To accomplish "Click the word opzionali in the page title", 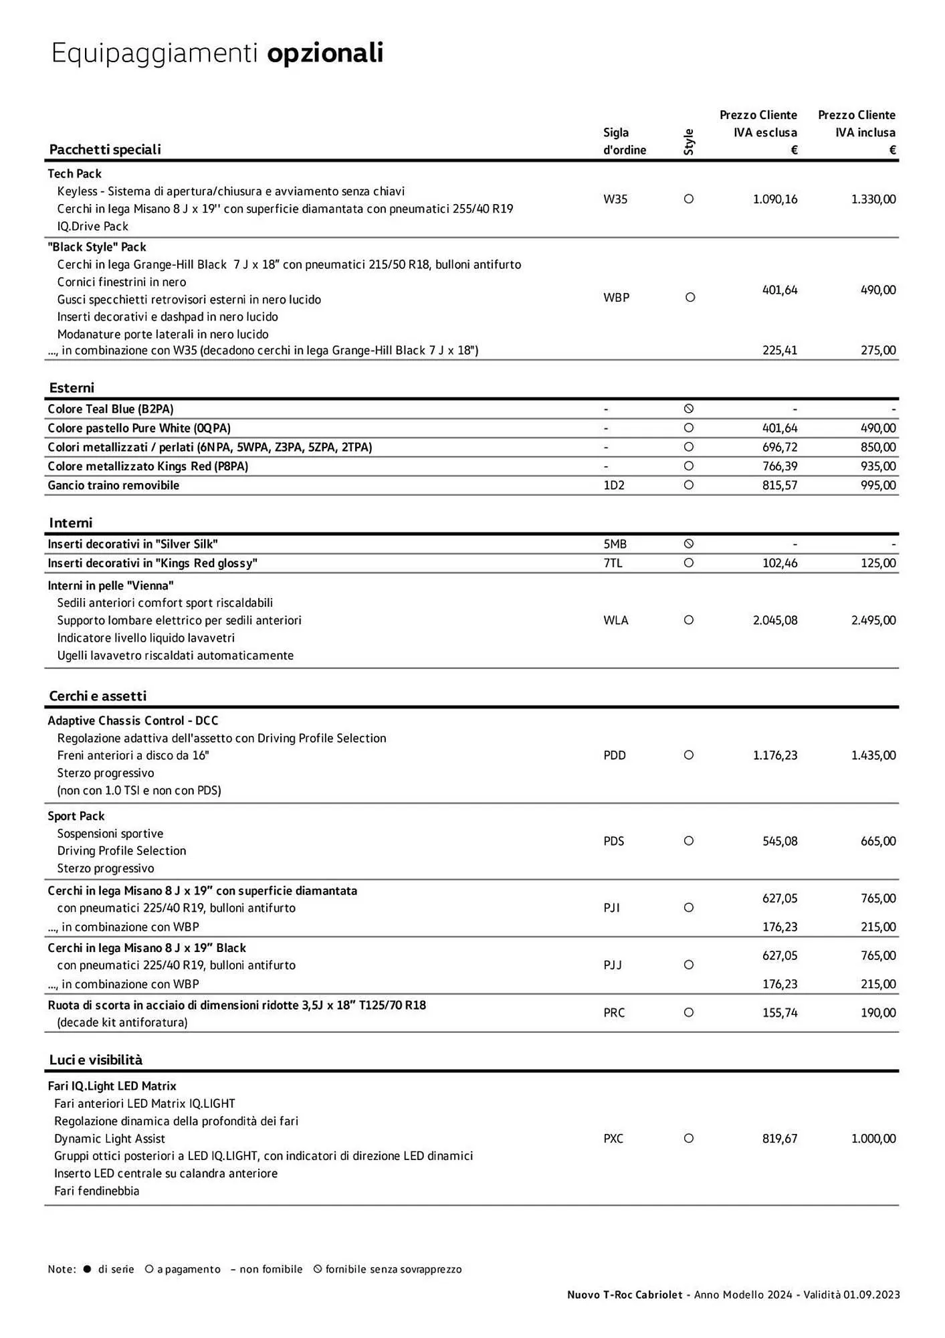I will pyautogui.click(x=325, y=54).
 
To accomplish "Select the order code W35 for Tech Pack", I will pyautogui.click(x=615, y=199).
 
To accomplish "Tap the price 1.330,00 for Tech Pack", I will pyautogui.click(x=873, y=199).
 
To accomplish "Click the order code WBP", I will pyautogui.click(x=616, y=298).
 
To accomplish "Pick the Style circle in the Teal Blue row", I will pyautogui.click(x=689, y=409).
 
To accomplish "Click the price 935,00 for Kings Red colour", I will pyautogui.click(x=878, y=466).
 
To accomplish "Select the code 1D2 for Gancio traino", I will pyautogui.click(x=614, y=486).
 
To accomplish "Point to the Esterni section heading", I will pyautogui.click(x=72, y=388).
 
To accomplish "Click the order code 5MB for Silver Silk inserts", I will pyautogui.click(x=615, y=545).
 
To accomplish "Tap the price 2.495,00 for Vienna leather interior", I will pyautogui.click(x=873, y=621).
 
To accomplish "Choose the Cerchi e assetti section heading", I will pyautogui.click(x=98, y=696).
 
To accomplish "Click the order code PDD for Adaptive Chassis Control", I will pyautogui.click(x=615, y=756).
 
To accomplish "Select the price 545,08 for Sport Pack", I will pyautogui.click(x=780, y=842).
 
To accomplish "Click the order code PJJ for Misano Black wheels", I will pyautogui.click(x=612, y=965).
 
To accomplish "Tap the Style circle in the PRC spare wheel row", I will pyautogui.click(x=689, y=1013).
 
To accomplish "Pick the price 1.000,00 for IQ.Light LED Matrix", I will pyautogui.click(x=873, y=1139).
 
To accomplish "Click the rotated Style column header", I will pyautogui.click(x=689, y=142).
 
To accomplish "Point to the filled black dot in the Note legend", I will pyautogui.click(x=87, y=1269).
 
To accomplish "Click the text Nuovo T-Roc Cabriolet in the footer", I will pyautogui.click(x=625, y=1295).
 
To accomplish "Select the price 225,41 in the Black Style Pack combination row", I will pyautogui.click(x=780, y=351).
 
